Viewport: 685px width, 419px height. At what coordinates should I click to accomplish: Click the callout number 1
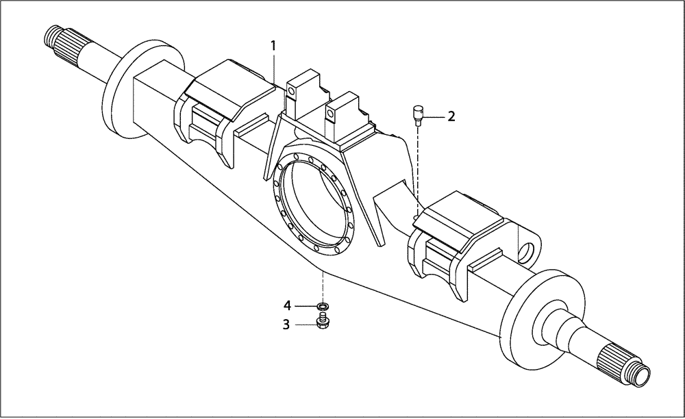coord(273,46)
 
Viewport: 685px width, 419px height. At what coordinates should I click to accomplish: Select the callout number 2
coord(451,116)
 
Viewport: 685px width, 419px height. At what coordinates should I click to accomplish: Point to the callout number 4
coord(288,305)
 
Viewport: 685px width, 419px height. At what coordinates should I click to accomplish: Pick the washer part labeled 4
coord(322,305)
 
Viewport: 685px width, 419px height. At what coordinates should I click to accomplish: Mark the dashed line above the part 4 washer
coord(322,284)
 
